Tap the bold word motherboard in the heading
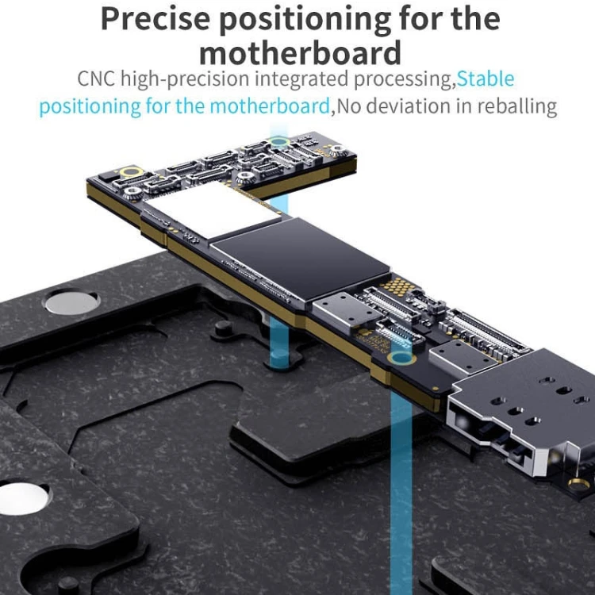(x=300, y=54)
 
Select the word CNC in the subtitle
(x=97, y=79)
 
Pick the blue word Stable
(x=486, y=79)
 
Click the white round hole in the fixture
(x=20, y=497)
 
